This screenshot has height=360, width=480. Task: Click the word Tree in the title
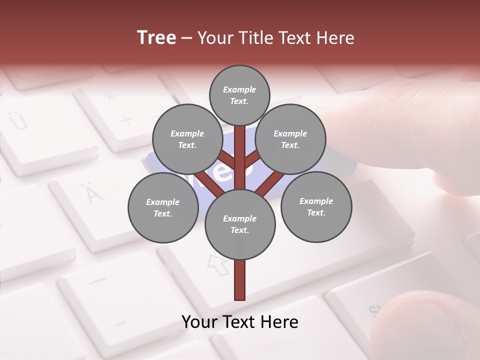coord(156,38)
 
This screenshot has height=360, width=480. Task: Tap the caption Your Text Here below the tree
coord(239,322)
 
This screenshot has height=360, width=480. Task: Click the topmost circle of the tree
coord(239,95)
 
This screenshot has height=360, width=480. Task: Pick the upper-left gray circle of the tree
coord(187,139)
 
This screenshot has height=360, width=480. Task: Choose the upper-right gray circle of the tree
coord(290,139)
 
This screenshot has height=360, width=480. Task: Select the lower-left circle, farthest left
coord(162,207)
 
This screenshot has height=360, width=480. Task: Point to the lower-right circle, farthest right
coord(316,206)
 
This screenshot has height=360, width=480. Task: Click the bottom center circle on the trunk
coord(239,224)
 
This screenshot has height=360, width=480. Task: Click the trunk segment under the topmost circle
coord(239,150)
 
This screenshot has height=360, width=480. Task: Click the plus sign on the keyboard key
coord(126,119)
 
